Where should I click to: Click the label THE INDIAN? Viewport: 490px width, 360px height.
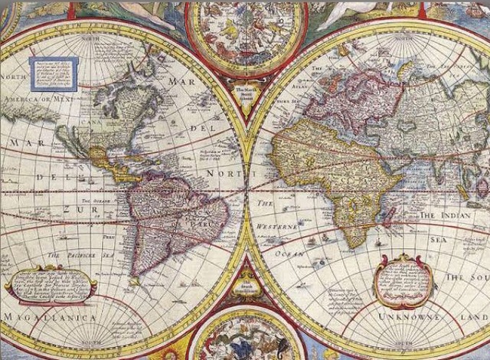pyautogui.click(x=447, y=217)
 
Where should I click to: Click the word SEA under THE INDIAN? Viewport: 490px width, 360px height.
pyautogui.click(x=436, y=240)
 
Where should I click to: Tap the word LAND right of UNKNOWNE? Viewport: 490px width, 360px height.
pyautogui.click(x=471, y=316)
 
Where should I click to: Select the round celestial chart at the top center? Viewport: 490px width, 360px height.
pyautogui.click(x=244, y=34)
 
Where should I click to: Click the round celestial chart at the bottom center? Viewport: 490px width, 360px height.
pyautogui.click(x=244, y=337)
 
